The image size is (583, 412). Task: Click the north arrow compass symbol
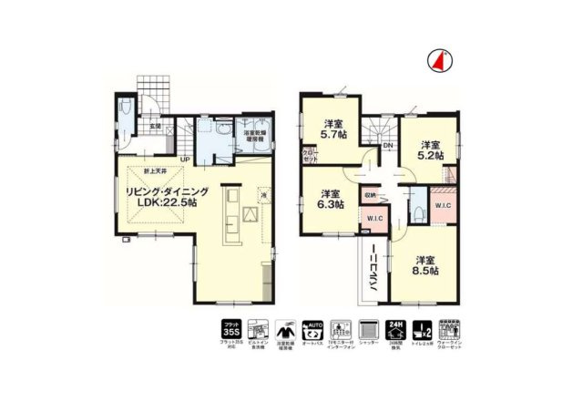(x=438, y=60)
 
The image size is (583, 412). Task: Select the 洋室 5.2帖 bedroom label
(x=430, y=150)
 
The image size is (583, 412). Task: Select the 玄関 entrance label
(x=156, y=126)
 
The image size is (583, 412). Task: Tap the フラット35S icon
(x=231, y=331)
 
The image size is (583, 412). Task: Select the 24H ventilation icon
(x=394, y=331)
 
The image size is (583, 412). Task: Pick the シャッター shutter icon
(x=368, y=331)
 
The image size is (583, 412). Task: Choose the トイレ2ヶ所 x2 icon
(x=422, y=331)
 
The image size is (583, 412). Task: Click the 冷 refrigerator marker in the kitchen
(x=262, y=195)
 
